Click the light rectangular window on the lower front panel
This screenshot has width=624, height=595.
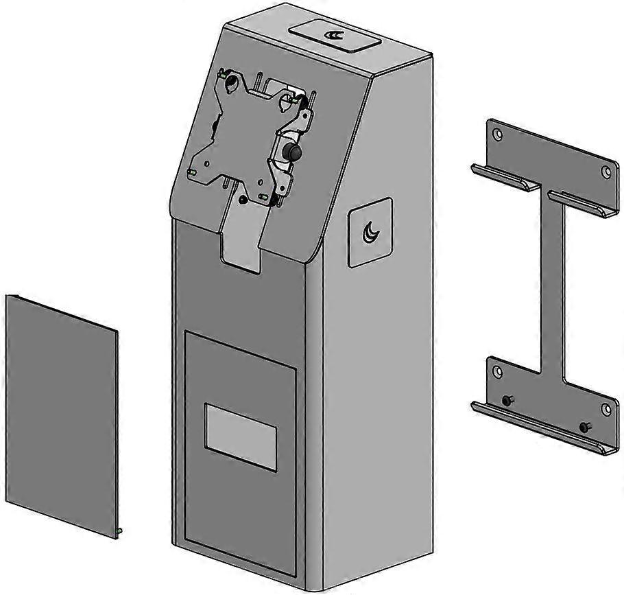tap(241, 437)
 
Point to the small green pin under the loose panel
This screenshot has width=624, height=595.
tap(120, 530)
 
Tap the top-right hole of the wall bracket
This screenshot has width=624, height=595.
tap(605, 172)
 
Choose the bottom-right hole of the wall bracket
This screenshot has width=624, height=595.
tap(605, 410)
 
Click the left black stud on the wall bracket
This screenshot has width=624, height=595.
tap(507, 400)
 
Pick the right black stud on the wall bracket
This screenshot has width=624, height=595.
tap(585, 427)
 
